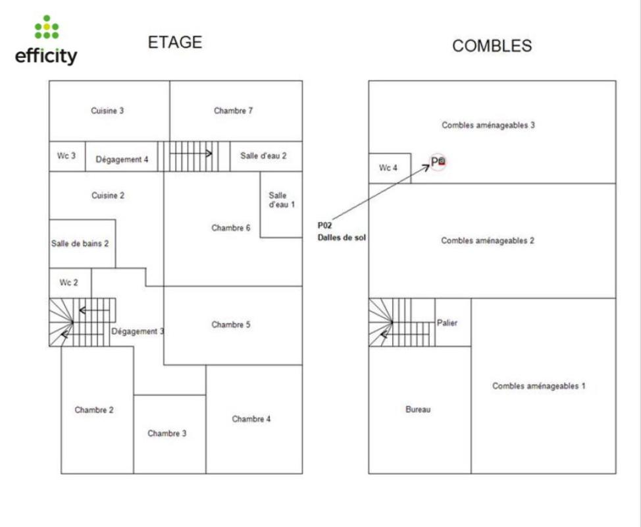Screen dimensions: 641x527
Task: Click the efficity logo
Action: [x=46, y=40]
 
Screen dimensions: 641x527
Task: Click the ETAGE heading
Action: [x=175, y=43]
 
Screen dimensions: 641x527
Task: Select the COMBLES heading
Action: [x=492, y=46]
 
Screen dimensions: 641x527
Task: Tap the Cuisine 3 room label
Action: [x=107, y=111]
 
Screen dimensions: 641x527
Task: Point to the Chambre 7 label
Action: [x=233, y=111]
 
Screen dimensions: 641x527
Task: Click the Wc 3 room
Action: [x=67, y=156]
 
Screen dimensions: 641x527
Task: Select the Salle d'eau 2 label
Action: [x=263, y=156]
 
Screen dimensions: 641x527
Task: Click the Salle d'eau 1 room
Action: [x=281, y=205]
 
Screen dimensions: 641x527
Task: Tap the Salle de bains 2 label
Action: [x=80, y=244]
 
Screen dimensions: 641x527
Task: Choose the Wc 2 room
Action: [x=70, y=283]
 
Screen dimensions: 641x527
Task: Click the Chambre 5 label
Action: [x=231, y=325]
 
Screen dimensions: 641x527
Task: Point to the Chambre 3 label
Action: [x=167, y=433]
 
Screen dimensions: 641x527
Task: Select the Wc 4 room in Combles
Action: [x=390, y=168]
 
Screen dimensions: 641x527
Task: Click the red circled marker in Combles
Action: [x=438, y=162]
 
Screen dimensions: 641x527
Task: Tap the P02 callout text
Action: [x=325, y=225]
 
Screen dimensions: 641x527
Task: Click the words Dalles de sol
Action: [x=342, y=238]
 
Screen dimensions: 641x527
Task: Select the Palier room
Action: [x=453, y=322]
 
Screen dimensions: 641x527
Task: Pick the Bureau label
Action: [x=418, y=410]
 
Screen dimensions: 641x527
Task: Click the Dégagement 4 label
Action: [x=122, y=159]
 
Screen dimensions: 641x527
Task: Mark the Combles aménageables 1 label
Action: [x=539, y=386]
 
